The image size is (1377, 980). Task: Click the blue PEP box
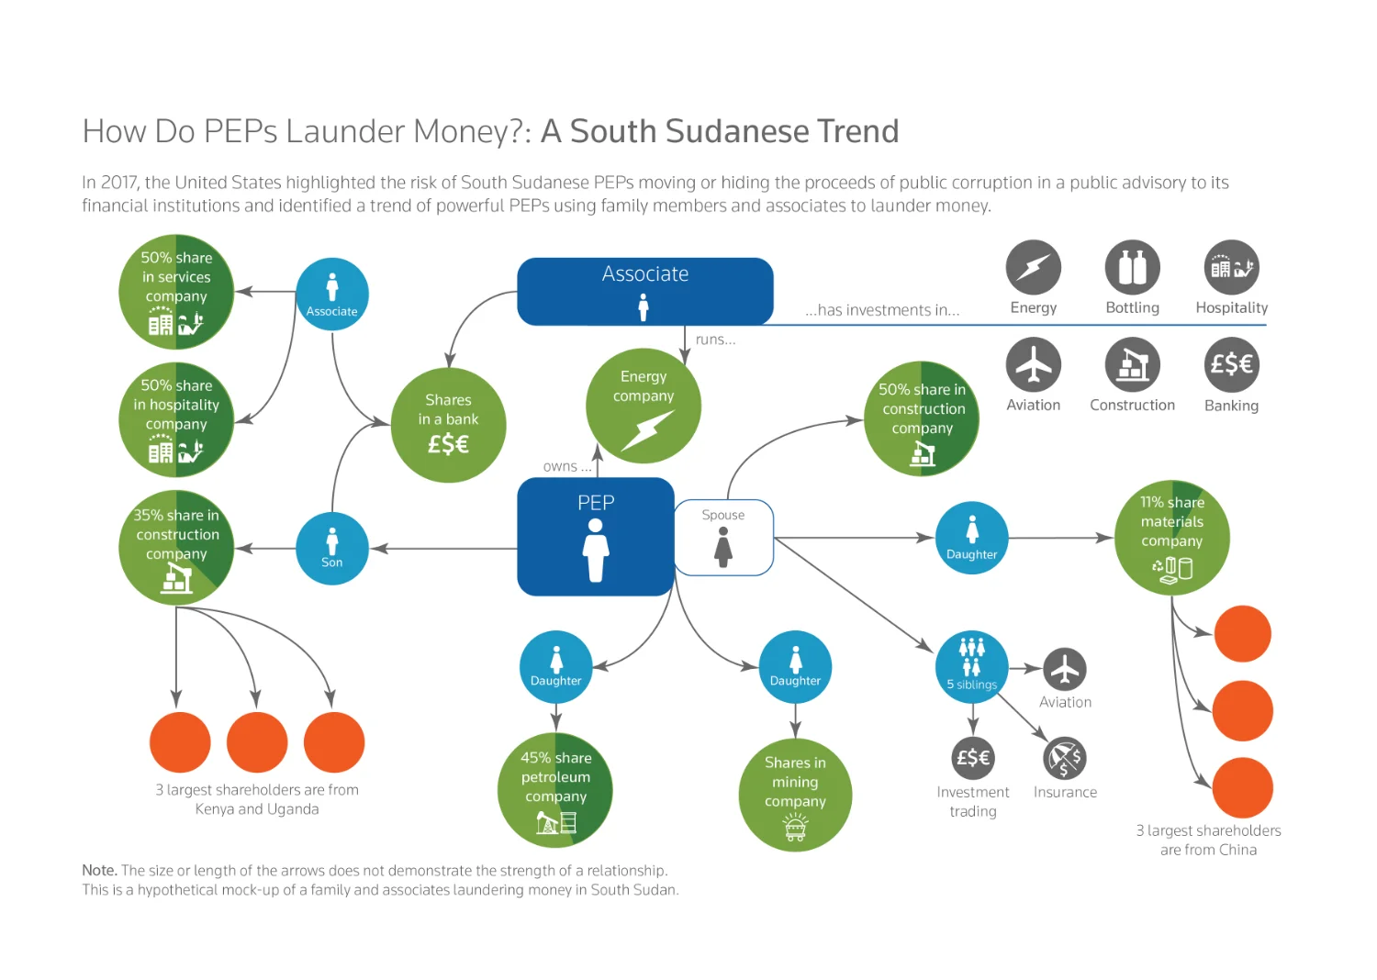pos(595,537)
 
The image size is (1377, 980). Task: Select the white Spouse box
pos(723,538)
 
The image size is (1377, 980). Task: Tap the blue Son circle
pos(332,548)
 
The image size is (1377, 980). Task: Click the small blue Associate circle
pos(332,294)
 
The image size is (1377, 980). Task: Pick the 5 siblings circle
pos(972,667)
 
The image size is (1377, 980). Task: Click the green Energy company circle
pos(643,406)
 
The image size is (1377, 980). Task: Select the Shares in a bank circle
pos(448,425)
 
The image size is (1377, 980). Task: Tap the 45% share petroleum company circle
pos(555,790)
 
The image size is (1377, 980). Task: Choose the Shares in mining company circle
pos(796,795)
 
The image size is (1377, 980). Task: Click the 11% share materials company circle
pos(1171,538)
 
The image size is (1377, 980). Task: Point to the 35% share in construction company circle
pos(176,548)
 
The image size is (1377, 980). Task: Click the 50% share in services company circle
pos(176,292)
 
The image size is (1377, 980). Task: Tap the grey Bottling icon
pos(1132,267)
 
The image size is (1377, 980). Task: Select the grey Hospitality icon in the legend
pos(1231,267)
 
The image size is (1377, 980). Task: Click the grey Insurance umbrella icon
pos(1065,758)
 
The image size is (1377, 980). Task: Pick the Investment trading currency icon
pos(972,758)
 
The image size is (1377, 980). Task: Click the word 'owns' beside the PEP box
pos(560,467)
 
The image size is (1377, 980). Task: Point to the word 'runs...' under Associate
pos(715,340)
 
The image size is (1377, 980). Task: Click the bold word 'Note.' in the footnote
pos(99,870)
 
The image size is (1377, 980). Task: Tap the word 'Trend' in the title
pos(858,131)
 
